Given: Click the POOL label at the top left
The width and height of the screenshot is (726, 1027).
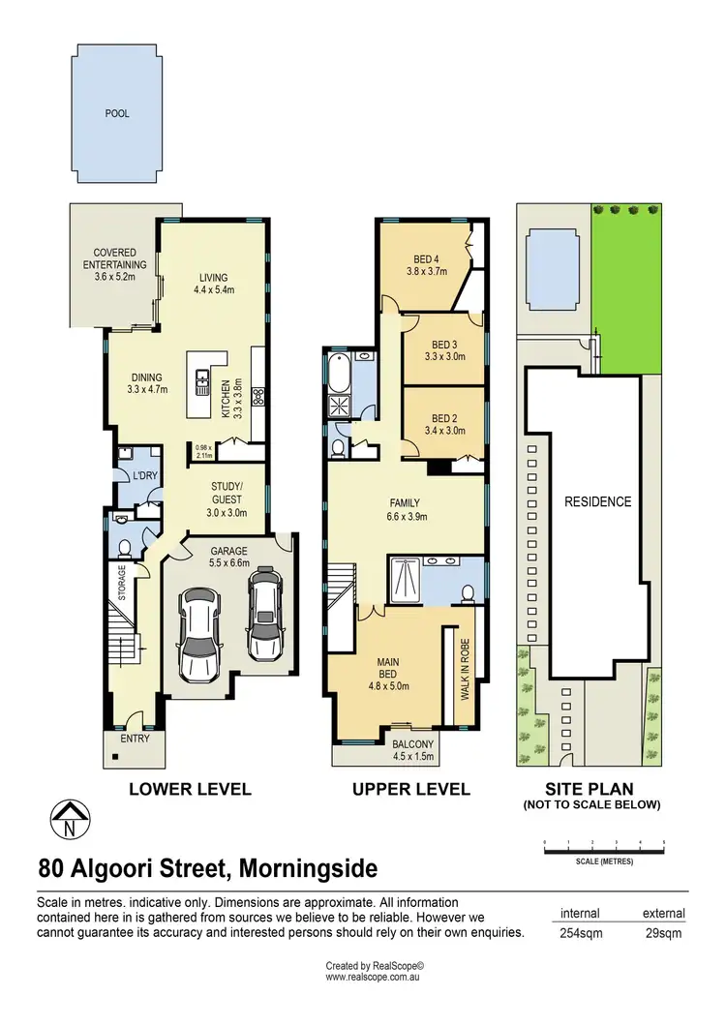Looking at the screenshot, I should pyautogui.click(x=117, y=113).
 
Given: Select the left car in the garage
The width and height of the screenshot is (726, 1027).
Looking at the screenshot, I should pyautogui.click(x=199, y=633).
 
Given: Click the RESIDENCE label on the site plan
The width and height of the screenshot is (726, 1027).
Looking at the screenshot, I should pyautogui.click(x=597, y=501).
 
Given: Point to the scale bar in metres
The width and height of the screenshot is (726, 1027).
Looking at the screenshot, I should pyautogui.click(x=604, y=851).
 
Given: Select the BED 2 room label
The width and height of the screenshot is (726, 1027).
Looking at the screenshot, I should pyautogui.click(x=444, y=424).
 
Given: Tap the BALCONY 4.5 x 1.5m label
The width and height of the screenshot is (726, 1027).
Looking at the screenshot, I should pyautogui.click(x=412, y=751).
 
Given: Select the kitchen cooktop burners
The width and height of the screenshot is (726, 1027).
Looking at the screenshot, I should pyautogui.click(x=258, y=395).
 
